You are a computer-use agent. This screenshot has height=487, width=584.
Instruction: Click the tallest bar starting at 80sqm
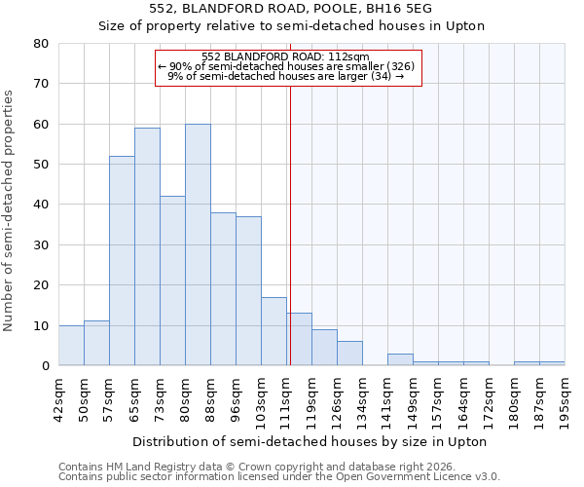coord(198,244)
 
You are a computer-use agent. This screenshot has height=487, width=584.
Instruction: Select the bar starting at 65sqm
coord(147,246)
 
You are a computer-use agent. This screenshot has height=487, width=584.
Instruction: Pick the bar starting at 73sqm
coord(172,281)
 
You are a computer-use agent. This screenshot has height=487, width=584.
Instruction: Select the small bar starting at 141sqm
coord(400,359)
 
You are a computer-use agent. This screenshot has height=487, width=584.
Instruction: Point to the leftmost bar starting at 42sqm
coord(71,346)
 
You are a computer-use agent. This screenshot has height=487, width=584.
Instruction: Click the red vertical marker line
coord(290,224)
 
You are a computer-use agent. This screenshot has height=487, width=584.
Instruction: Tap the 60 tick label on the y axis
coord(40,125)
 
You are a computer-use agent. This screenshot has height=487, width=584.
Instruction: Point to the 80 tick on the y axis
coord(40,44)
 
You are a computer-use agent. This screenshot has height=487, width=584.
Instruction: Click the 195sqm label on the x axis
coord(566,398)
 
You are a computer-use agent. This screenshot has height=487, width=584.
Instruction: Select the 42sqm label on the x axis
coord(59,398)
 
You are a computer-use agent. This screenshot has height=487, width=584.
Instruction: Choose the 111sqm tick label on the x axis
coord(287,398)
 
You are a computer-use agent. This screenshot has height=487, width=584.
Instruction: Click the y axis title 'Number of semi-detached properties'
coord(10,210)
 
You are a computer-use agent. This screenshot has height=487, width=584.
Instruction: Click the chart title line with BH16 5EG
coord(291,9)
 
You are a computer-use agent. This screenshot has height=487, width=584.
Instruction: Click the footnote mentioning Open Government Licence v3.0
coord(279,477)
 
